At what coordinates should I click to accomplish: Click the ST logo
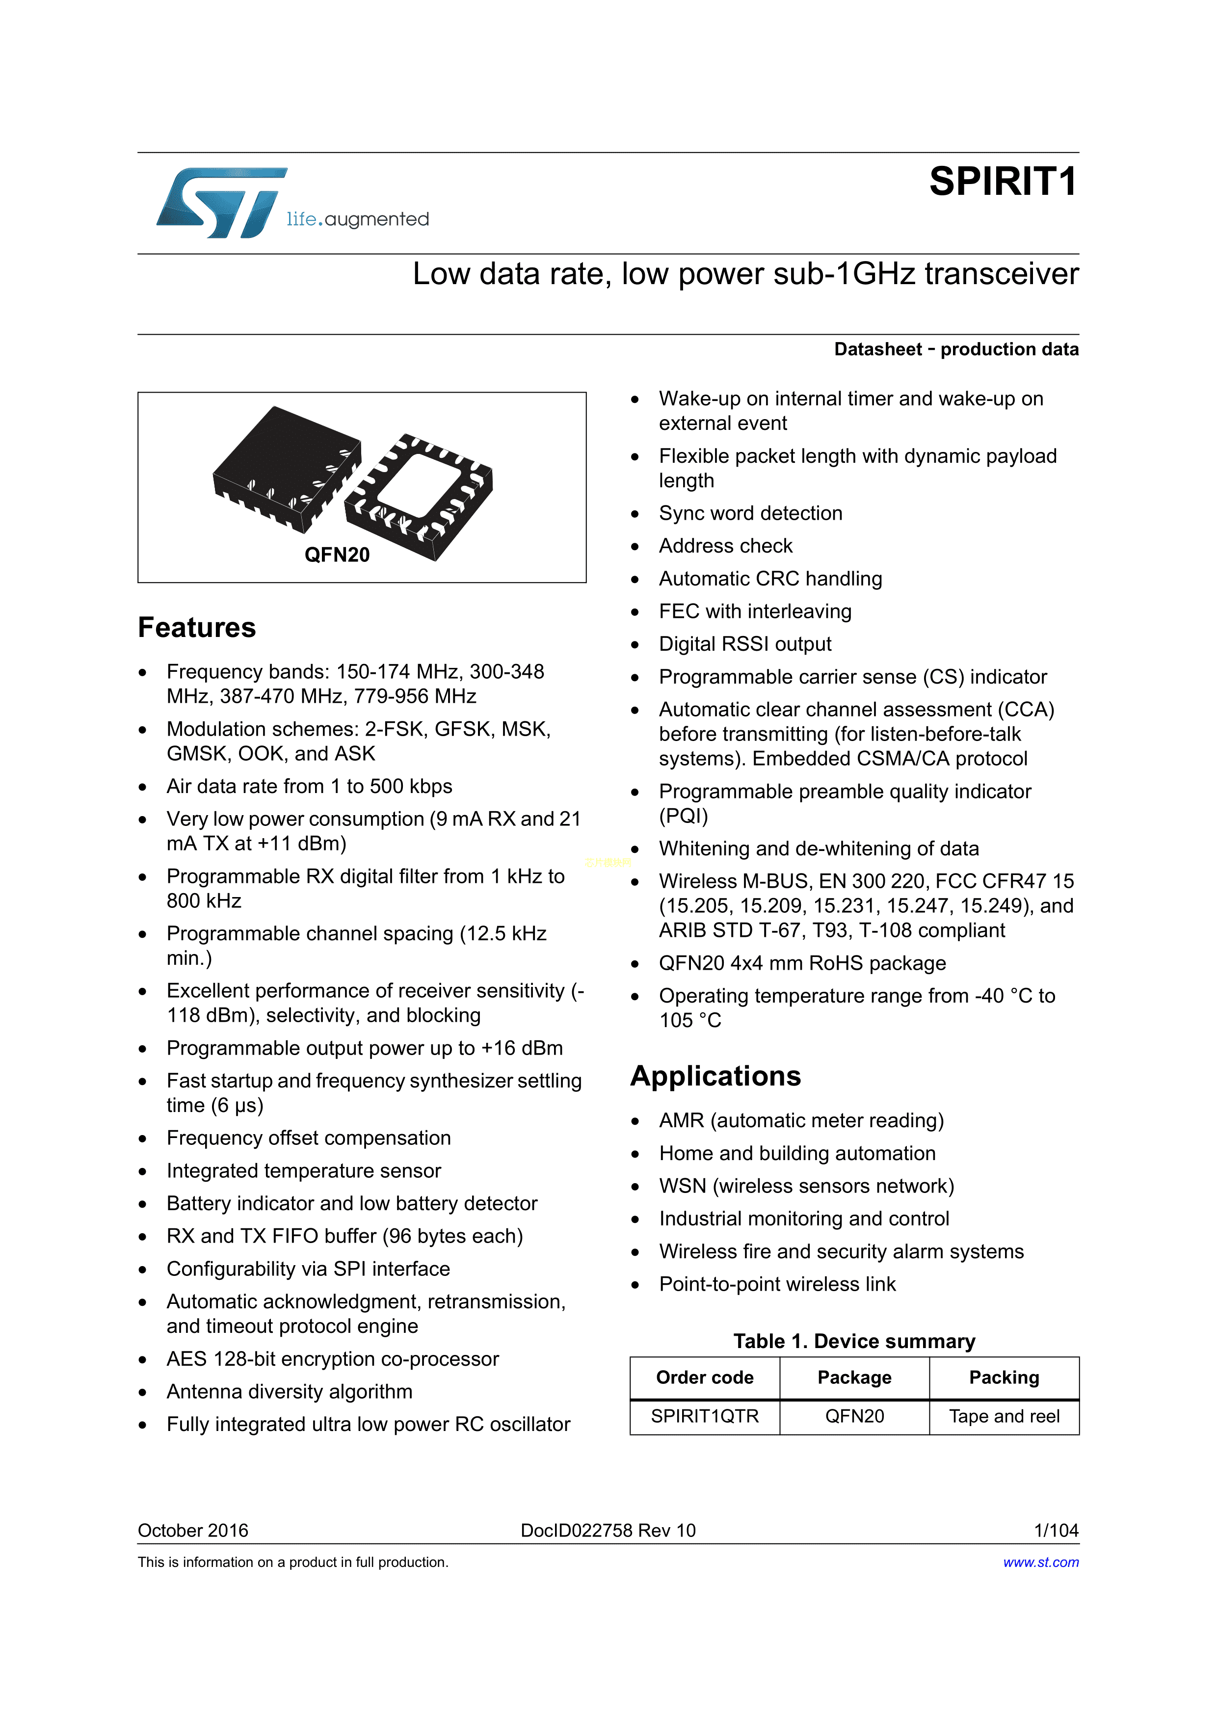pyautogui.click(x=221, y=203)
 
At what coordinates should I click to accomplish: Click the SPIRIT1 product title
pyautogui.click(x=1003, y=182)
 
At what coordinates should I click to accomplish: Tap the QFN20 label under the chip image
pyautogui.click(x=337, y=555)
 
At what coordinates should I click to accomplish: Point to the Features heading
pyautogui.click(x=196, y=628)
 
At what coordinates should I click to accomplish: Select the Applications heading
pyautogui.click(x=715, y=1076)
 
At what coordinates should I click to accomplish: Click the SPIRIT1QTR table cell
pyautogui.click(x=704, y=1416)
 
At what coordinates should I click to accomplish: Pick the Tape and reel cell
pyautogui.click(x=1004, y=1416)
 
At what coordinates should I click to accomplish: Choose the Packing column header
pyautogui.click(x=1004, y=1378)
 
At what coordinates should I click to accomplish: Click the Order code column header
pyautogui.click(x=704, y=1378)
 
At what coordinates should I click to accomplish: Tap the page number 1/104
pyautogui.click(x=1056, y=1530)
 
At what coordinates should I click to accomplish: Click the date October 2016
pyautogui.click(x=193, y=1530)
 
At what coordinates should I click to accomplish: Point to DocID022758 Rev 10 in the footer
pyautogui.click(x=608, y=1530)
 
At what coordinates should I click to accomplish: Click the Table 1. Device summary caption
pyautogui.click(x=854, y=1341)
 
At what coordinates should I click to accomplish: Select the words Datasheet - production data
pyautogui.click(x=956, y=349)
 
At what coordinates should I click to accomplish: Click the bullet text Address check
pyautogui.click(x=725, y=546)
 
